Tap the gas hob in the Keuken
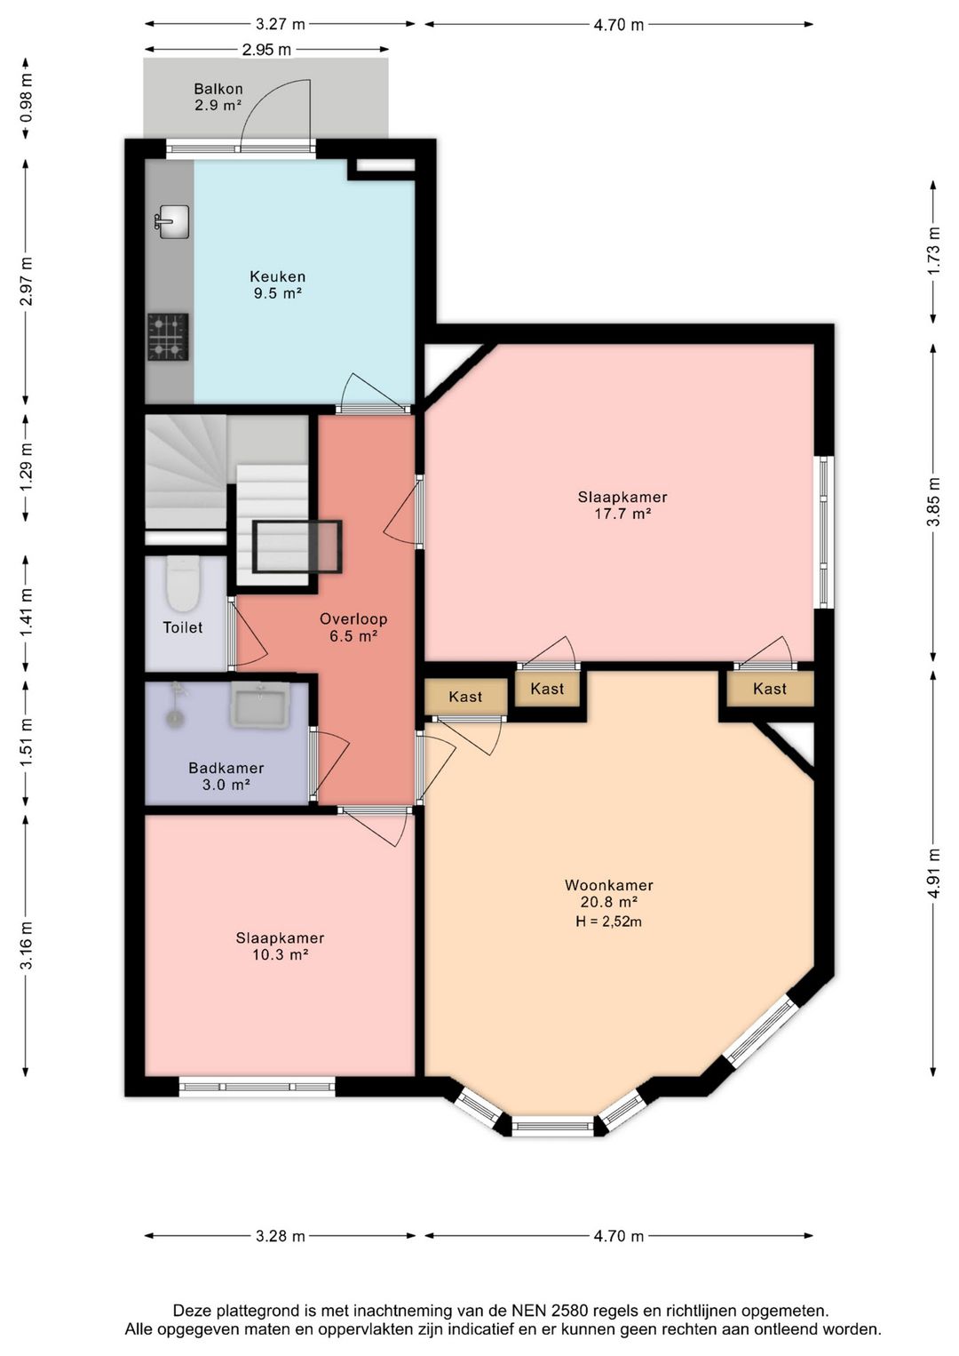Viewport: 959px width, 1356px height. click(x=168, y=337)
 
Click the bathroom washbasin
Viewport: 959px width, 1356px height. click(x=259, y=705)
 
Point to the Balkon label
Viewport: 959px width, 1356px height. click(x=218, y=89)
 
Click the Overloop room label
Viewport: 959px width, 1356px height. click(x=353, y=619)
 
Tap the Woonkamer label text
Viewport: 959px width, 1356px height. click(x=608, y=885)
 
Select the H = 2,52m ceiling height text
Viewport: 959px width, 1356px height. click(x=609, y=921)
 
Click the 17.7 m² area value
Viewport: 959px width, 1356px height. click(x=622, y=514)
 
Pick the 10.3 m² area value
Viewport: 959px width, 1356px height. click(x=280, y=954)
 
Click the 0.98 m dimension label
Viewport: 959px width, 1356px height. click(x=26, y=99)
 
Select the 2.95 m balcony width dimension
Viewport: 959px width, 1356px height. click(x=266, y=50)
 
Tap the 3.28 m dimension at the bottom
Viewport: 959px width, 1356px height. click(x=280, y=1236)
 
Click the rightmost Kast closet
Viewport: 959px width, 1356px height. click(x=770, y=690)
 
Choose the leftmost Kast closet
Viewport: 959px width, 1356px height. click(x=466, y=696)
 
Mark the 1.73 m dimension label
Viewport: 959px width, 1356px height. click(x=935, y=251)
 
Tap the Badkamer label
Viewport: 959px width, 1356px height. click(x=226, y=769)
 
